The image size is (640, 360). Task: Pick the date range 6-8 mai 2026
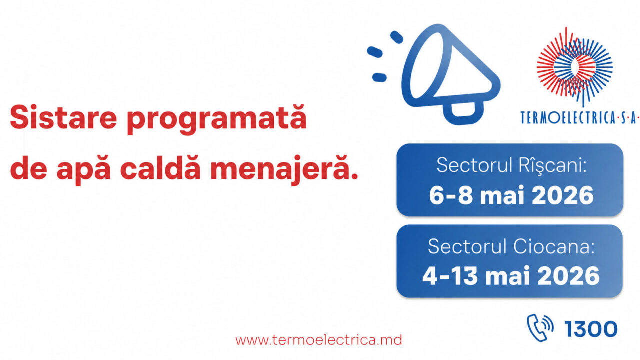(x=511, y=195)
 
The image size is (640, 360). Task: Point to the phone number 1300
(x=591, y=329)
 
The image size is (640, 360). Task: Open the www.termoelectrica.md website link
(x=318, y=340)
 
